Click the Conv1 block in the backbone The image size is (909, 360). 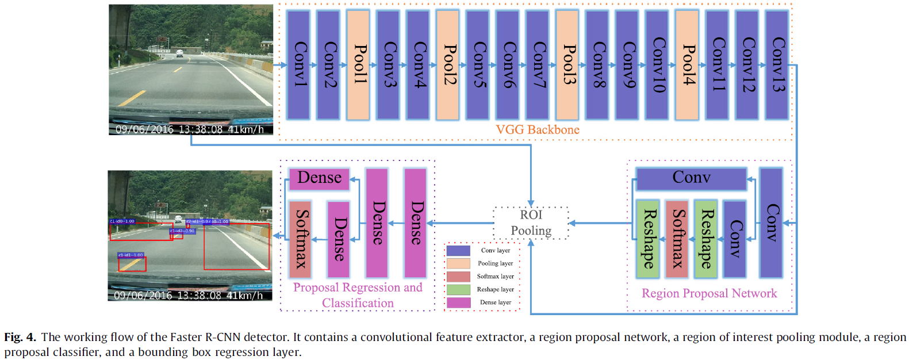tap(298, 64)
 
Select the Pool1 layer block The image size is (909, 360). tap(358, 64)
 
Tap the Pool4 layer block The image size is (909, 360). tap(686, 64)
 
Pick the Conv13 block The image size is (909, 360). tap(776, 64)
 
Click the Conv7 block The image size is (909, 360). tap(537, 64)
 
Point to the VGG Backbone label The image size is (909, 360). tap(538, 130)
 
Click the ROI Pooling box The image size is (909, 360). tap(531, 223)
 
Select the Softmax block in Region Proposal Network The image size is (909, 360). tap(677, 239)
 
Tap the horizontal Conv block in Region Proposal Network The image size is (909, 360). tap(691, 178)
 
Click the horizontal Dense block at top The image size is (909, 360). tap(319, 178)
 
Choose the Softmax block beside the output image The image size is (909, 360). tap(300, 239)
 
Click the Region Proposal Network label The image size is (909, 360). tap(709, 293)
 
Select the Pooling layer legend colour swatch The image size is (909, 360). tap(458, 263)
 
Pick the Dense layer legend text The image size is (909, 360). tap(495, 302)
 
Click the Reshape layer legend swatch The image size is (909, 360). tap(458, 289)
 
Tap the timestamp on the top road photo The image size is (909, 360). tap(190, 129)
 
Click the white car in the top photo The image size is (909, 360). tap(180, 53)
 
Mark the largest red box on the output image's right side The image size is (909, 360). tap(236, 246)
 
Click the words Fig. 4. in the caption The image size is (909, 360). tap(20, 337)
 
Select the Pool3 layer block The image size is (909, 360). tap(567, 64)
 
